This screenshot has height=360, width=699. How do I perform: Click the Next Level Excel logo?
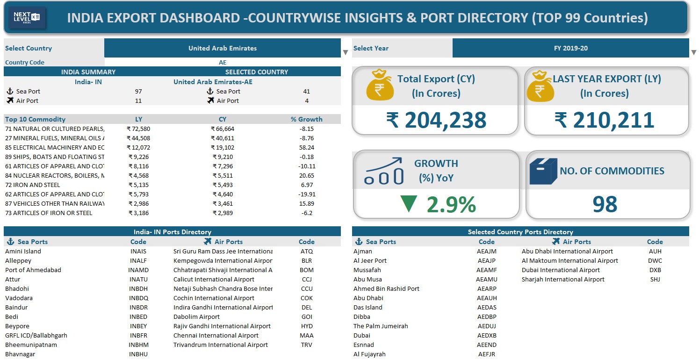[x=27, y=18]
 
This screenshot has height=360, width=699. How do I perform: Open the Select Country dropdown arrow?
[x=346, y=52]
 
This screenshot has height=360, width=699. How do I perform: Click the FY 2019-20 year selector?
[x=570, y=48]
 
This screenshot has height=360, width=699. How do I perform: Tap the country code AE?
[x=223, y=62]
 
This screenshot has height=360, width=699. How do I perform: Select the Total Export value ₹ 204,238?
[x=436, y=120]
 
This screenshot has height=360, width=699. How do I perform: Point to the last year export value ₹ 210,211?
[x=604, y=120]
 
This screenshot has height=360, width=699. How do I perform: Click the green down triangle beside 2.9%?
[x=409, y=204]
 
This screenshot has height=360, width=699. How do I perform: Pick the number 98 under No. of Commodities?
[x=605, y=204]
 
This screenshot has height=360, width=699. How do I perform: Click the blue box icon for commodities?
[x=543, y=171]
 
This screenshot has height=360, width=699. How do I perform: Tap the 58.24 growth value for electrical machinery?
[x=306, y=147]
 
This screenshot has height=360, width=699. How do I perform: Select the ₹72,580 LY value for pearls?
[x=138, y=129]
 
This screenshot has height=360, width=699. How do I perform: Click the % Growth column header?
[x=306, y=119]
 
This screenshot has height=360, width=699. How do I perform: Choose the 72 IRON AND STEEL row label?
[x=33, y=185]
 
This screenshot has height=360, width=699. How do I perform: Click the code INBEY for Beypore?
[x=138, y=326]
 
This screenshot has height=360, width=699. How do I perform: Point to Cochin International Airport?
[x=214, y=298]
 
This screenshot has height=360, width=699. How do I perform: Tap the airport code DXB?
[x=655, y=270]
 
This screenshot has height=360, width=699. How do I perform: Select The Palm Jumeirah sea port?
[x=381, y=326]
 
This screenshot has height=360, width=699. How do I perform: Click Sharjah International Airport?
[x=563, y=279]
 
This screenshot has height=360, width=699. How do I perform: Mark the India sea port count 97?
[x=138, y=91]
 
